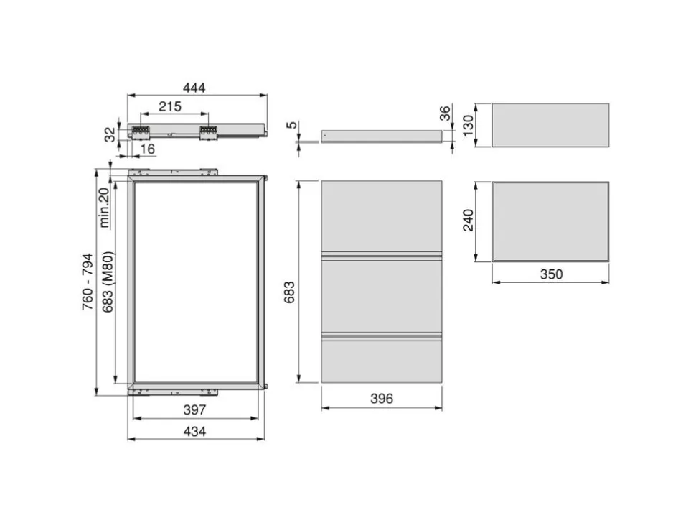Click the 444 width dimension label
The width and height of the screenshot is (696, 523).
tap(194, 88)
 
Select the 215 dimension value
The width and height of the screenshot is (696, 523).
tap(170, 106)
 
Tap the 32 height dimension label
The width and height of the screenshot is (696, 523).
tap(110, 134)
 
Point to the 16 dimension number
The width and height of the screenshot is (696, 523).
tap(147, 149)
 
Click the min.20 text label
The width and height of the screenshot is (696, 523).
tap(104, 207)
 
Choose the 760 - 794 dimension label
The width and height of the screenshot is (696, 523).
tap(88, 282)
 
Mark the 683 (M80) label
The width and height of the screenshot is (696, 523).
tap(108, 282)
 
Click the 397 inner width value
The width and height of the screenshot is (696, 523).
tap(194, 409)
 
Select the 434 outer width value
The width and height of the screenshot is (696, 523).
tap(194, 431)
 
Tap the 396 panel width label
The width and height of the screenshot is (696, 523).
tap(382, 399)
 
